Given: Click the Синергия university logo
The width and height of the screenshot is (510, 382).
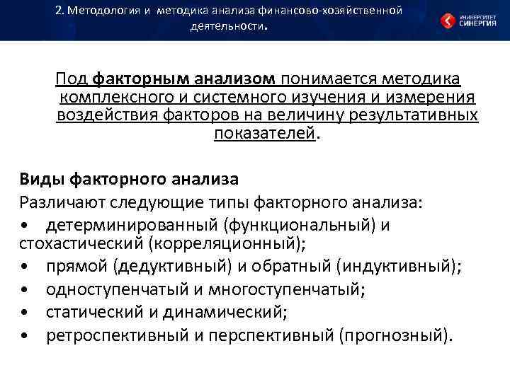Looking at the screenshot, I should point(467,20).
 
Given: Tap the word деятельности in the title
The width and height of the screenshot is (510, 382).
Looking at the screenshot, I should point(227,28).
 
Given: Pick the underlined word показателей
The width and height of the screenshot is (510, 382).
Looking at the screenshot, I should point(264,134).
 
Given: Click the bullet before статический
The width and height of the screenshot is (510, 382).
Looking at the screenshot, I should point(25,312).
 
